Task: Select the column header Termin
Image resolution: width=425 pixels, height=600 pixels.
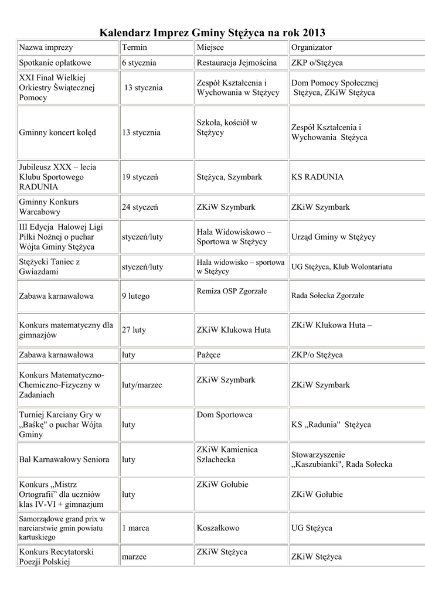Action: [x=134, y=47]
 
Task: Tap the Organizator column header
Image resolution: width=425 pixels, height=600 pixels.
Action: [x=311, y=47]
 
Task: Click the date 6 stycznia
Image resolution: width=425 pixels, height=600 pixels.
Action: [x=139, y=63]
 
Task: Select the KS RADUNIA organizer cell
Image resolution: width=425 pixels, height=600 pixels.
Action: [x=317, y=177]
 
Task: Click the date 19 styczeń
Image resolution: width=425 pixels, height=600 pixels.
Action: [x=140, y=177]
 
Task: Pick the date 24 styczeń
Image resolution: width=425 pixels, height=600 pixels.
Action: [x=140, y=207]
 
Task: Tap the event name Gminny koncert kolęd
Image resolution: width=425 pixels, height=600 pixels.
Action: [x=57, y=132]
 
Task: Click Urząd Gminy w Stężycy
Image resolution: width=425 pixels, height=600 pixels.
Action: [x=334, y=237]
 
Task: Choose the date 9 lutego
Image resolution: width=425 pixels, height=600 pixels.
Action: [x=136, y=296]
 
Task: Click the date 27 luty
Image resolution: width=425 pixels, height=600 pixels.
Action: [x=134, y=330]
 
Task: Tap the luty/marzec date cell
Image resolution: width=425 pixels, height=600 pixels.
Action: [x=142, y=385]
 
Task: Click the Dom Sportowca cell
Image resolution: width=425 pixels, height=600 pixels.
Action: [x=225, y=415]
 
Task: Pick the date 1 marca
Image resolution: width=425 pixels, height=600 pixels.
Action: [x=135, y=528]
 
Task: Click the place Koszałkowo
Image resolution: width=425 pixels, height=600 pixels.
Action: [x=218, y=528]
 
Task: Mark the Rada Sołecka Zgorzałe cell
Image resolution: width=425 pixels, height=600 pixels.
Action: [x=328, y=295]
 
